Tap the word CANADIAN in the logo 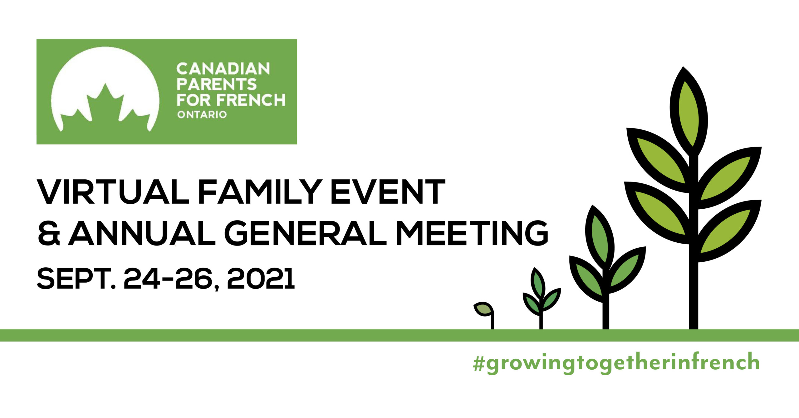click(223, 69)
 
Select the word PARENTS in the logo click(217, 84)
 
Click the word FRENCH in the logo click(251, 100)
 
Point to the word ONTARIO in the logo click(202, 114)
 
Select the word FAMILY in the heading click(260, 192)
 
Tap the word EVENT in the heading click(388, 192)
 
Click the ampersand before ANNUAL click(49, 233)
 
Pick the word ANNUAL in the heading click(142, 233)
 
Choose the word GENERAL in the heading click(306, 233)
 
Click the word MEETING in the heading click(472, 233)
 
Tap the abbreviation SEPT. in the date click(76, 278)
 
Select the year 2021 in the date click(261, 278)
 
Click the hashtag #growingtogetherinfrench click(616, 362)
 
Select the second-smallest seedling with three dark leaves click(542, 298)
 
